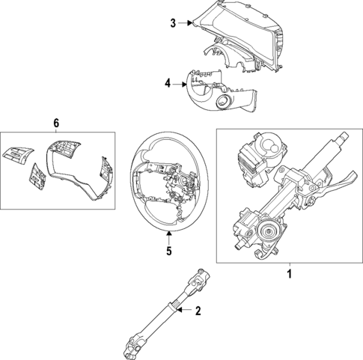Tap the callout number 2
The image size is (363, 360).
point(198,311)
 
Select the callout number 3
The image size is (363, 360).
point(172,23)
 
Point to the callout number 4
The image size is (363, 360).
point(168,85)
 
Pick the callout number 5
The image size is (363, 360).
point(169,251)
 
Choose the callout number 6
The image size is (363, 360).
point(55,122)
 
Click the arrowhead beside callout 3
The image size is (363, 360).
point(193,23)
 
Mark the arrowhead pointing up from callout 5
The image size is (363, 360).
point(169,234)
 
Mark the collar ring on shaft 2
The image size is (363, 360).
point(175,307)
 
